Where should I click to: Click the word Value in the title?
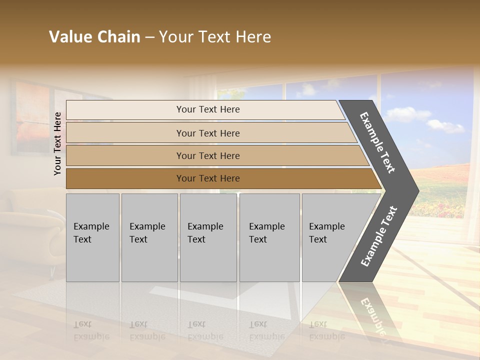[x=69, y=37]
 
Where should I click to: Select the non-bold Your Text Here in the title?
[x=215, y=37]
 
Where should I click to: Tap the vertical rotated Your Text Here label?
[x=57, y=143]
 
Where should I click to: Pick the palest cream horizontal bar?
[x=205, y=109]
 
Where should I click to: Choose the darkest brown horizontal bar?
[x=220, y=178]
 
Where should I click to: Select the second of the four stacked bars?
[x=210, y=133]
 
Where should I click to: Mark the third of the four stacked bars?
[x=215, y=155]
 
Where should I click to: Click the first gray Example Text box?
[x=92, y=237]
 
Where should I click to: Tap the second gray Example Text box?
[x=149, y=237]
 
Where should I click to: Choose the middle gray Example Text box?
[x=208, y=237]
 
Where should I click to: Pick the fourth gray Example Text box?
[x=269, y=237]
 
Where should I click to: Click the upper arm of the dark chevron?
[x=378, y=142]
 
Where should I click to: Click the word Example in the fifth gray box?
[x=326, y=226]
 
